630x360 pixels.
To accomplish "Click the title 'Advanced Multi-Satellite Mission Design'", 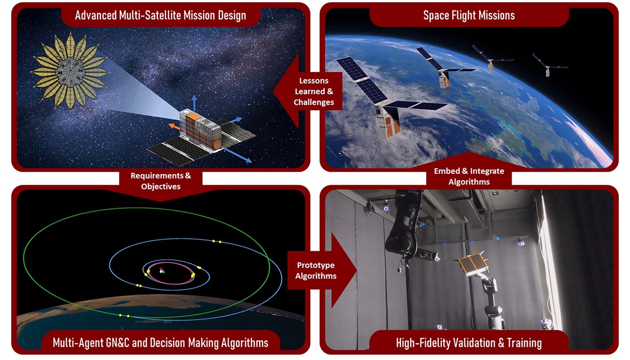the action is pos(160,15).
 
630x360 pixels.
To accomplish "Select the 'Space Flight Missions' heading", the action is pos(469,15).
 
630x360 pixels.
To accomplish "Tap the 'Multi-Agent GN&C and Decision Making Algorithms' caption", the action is pos(160,343).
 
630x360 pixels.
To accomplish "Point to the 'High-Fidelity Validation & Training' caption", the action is pos(469,343).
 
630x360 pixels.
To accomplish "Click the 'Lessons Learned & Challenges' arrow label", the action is pos(314,91).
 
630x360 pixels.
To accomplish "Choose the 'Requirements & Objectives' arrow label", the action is pos(161,181).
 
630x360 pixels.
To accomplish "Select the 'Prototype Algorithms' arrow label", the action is pos(315,270).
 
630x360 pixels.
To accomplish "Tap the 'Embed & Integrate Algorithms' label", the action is pos(469,176).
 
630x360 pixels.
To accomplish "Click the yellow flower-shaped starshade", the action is pos(70,72).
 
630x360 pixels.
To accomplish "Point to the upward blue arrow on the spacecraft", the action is pos(194,103).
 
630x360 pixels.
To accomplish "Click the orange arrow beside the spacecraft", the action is pos(175,126).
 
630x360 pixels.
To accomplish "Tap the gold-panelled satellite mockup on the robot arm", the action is pos(472,265).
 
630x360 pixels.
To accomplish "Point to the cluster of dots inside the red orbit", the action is pos(162,271).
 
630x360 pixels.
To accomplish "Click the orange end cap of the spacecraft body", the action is pos(217,144).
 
